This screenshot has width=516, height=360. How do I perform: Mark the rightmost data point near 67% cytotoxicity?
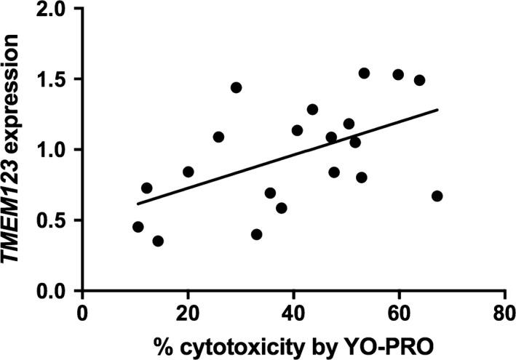437,196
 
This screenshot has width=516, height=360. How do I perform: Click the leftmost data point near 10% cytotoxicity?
138,227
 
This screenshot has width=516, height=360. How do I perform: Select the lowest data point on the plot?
158,241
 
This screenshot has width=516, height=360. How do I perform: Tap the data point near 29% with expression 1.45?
236,87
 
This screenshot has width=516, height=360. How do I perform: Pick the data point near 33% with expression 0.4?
256,234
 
